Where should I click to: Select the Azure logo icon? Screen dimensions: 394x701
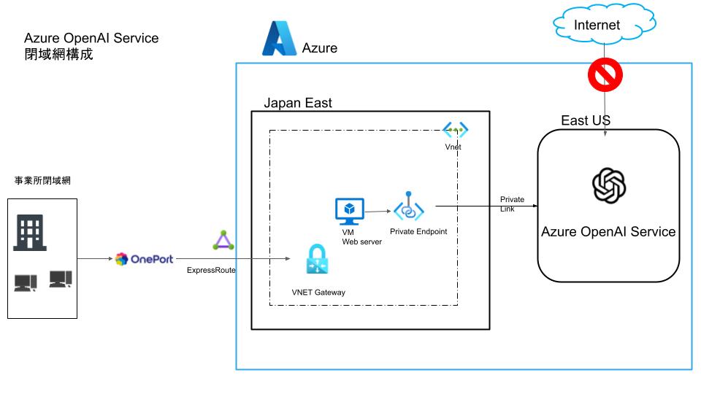(277, 39)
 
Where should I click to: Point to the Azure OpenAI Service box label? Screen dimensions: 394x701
(608, 232)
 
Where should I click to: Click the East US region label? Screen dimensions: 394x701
(586, 120)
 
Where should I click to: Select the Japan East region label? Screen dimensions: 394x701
(298, 104)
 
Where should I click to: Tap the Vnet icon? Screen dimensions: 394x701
(455, 131)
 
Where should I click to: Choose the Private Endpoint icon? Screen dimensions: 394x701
(409, 208)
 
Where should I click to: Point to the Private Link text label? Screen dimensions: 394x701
(512, 204)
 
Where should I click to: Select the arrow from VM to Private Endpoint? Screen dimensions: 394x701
(379, 212)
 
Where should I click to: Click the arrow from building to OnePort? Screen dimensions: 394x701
(95, 259)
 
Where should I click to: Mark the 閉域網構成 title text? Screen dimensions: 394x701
(58, 54)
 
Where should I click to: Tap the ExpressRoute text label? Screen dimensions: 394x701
(212, 271)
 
